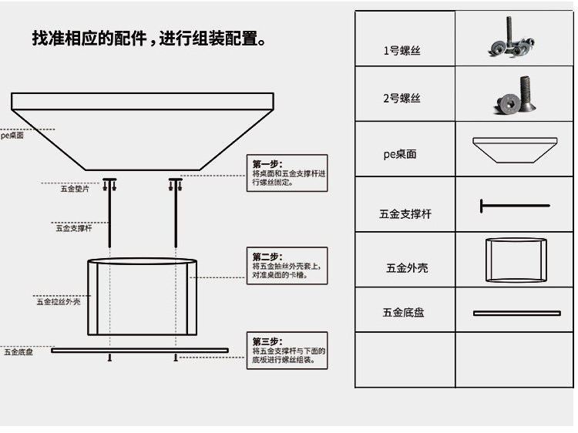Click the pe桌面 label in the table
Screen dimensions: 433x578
[400, 154]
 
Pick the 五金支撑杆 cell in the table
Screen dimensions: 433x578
[405, 213]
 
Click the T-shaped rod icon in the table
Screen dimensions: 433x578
[514, 206]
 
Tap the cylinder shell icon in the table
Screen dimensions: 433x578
[516, 260]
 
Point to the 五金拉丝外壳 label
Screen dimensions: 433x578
[58, 301]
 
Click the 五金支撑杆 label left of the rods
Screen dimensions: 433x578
[74, 228]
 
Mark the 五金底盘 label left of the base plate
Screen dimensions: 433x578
[18, 352]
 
